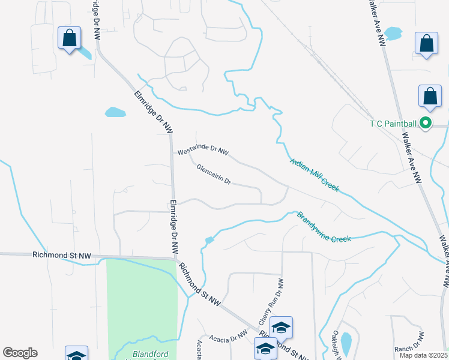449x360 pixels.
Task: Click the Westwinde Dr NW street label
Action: [x=203, y=151]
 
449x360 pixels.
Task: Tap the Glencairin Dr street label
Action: [x=214, y=174]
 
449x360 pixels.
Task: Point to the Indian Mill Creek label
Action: [x=315, y=173]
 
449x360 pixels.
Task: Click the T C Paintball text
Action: [x=393, y=124]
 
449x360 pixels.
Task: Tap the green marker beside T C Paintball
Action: [x=426, y=124]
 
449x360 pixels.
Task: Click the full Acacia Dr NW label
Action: [x=228, y=339]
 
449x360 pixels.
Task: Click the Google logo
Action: [x=20, y=353]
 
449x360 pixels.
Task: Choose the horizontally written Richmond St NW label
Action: [x=61, y=256]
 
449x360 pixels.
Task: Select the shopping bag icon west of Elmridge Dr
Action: [x=70, y=38]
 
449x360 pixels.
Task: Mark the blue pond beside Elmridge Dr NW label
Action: [x=115, y=112]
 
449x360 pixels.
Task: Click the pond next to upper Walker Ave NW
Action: [x=393, y=33]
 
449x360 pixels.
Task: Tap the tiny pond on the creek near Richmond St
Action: [x=209, y=241]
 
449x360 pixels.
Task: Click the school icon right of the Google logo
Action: [x=77, y=355]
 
